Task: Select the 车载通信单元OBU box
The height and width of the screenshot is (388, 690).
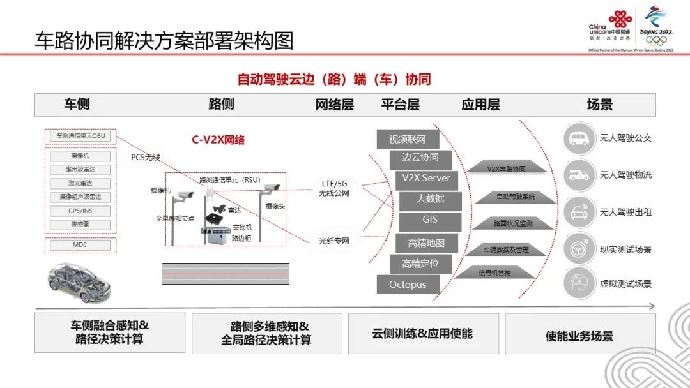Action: (80, 136)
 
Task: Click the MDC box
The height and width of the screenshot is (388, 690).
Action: (80, 244)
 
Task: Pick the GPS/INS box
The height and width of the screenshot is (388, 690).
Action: (80, 211)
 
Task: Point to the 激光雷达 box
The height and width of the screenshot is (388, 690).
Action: (80, 184)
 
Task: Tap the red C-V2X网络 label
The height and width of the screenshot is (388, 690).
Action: (218, 140)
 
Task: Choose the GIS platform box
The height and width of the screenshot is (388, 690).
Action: (430, 220)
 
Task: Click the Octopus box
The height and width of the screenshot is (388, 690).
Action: (408, 285)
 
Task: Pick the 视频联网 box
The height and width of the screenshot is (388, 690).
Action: (407, 139)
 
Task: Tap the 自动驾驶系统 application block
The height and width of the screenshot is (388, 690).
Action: (516, 197)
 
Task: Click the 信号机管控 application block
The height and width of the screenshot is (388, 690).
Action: (499, 273)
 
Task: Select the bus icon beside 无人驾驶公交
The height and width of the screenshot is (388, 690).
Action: (579, 138)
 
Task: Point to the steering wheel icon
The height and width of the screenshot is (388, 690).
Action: (579, 249)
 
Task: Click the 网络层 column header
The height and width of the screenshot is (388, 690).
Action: (335, 105)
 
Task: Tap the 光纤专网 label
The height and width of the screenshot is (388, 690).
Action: (334, 241)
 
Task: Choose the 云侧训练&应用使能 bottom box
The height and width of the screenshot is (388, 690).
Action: (422, 333)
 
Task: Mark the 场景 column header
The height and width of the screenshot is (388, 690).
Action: (599, 105)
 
